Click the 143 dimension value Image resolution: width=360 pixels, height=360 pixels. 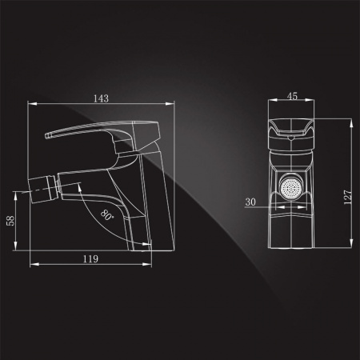point(101,98)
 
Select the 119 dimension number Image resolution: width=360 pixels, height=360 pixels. point(90,259)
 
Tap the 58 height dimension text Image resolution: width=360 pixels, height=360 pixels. point(11,221)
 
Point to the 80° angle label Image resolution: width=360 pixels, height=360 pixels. point(107,215)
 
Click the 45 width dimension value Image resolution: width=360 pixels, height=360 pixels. point(292,96)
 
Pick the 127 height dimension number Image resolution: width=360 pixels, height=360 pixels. point(348,198)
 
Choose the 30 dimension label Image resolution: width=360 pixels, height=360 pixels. point(250,202)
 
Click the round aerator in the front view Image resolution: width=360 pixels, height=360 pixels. point(291,188)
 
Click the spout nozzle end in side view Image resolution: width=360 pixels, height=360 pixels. point(30,191)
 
